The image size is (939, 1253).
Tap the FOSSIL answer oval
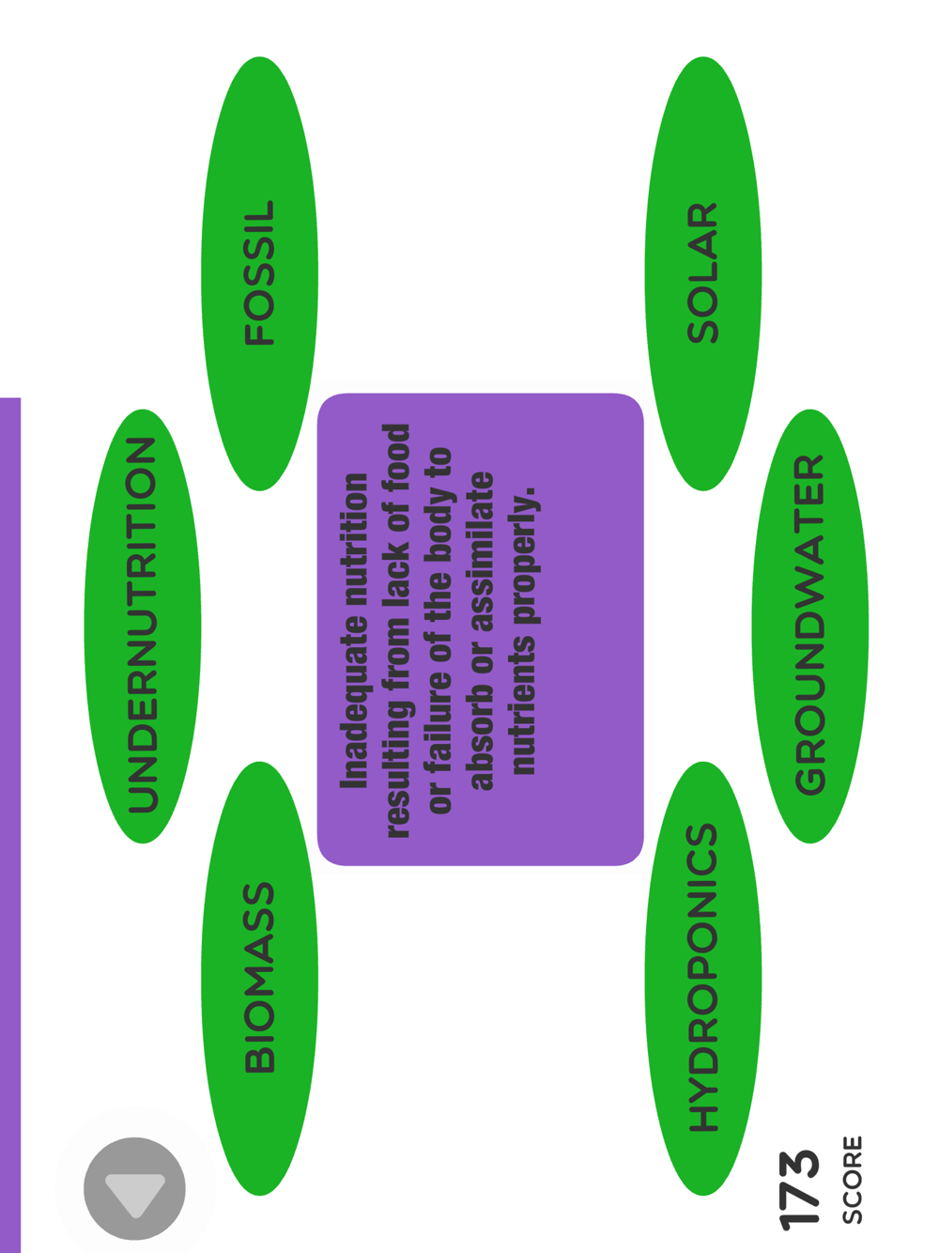pyautogui.click(x=259, y=273)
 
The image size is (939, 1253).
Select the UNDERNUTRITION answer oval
pyautogui.click(x=143, y=626)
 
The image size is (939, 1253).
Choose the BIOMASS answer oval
pyautogui.click(x=259, y=978)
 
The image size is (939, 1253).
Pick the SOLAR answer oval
pyautogui.click(x=702, y=273)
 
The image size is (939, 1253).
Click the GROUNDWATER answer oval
pyautogui.click(x=809, y=626)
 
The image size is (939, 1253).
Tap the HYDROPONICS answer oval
pyautogui.click(x=702, y=978)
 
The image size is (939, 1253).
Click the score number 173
pyautogui.click(x=799, y=1188)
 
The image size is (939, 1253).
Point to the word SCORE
pyautogui.click(x=852, y=1180)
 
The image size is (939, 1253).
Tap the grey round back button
pyautogui.click(x=135, y=1188)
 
